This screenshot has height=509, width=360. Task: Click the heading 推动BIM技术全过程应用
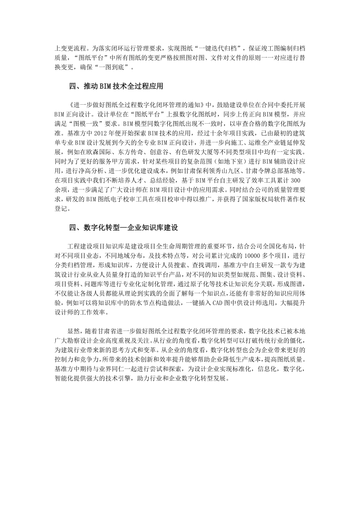115,85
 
